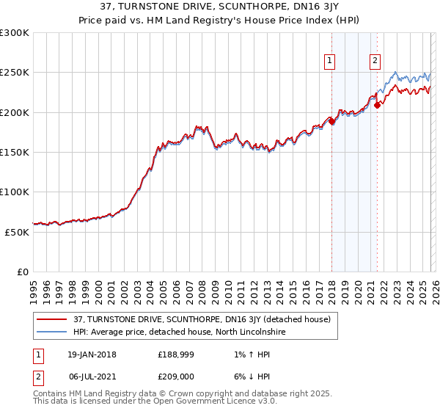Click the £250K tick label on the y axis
pos(14,73)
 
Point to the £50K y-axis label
pos(16,232)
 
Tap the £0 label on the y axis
pos(22,272)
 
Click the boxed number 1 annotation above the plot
pos(330,62)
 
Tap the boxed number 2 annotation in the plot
pos(375,62)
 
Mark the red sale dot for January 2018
pos(331,122)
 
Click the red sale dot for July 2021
pos(377,105)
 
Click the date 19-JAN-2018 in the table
pos(92,354)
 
